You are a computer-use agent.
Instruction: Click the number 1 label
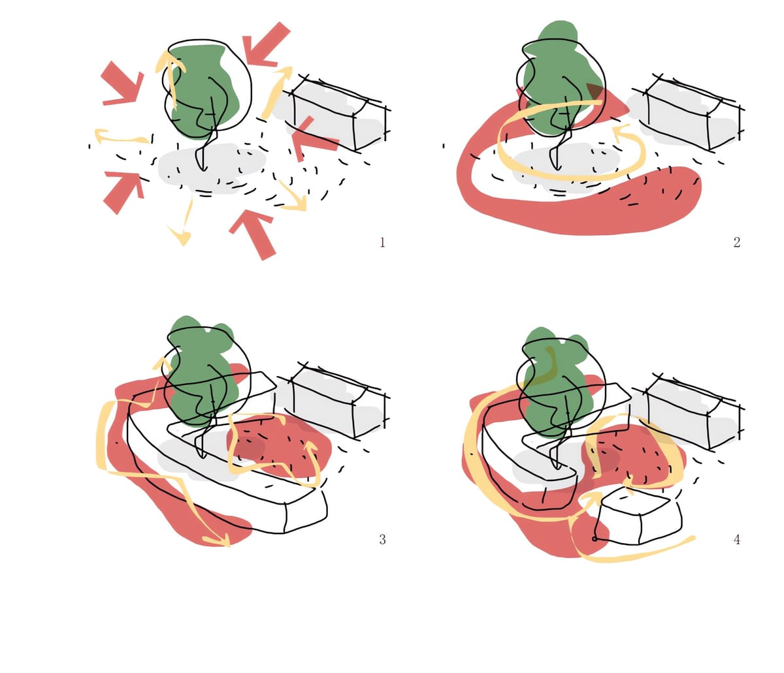click(x=382, y=242)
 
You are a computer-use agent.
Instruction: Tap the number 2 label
click(x=736, y=242)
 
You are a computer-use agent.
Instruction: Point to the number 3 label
click(x=382, y=539)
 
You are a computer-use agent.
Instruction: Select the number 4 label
click(x=736, y=539)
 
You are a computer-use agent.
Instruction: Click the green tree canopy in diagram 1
click(x=203, y=91)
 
